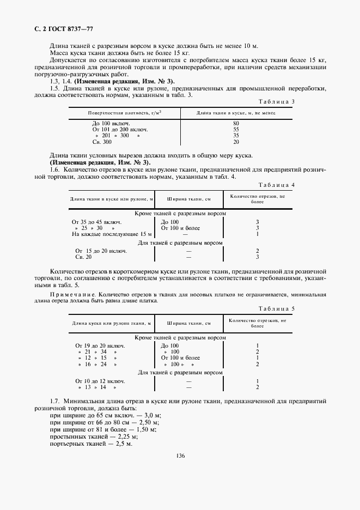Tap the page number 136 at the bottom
pos(180,456)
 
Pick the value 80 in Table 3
pos(236,124)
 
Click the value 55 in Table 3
pos(236,130)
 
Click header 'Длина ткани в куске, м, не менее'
pos(236,113)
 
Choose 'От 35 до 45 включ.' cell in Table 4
pos(97,222)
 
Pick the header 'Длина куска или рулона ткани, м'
pos(112,324)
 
